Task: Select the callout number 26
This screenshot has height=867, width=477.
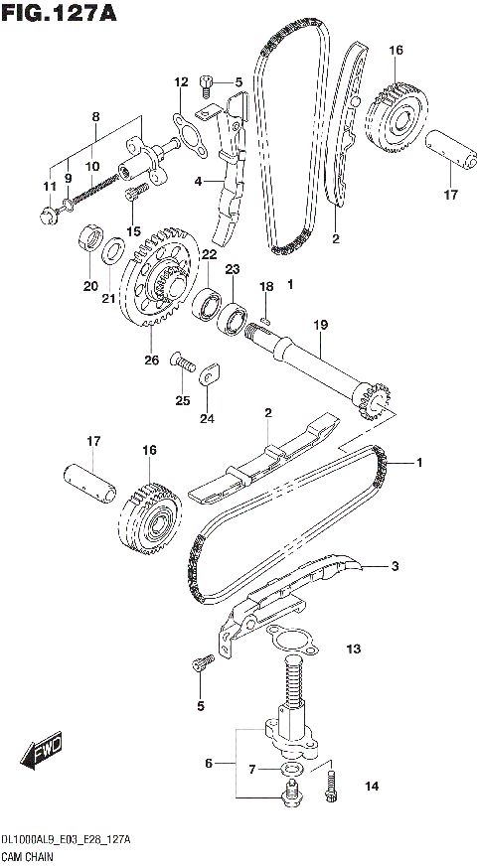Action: click(x=152, y=360)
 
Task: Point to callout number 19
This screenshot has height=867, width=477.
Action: click(x=320, y=325)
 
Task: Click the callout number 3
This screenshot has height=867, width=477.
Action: click(x=395, y=567)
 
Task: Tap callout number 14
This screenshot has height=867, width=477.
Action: click(x=371, y=788)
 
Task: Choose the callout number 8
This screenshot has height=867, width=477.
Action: click(x=95, y=116)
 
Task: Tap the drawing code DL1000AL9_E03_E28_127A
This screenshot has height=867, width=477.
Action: click(x=66, y=840)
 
